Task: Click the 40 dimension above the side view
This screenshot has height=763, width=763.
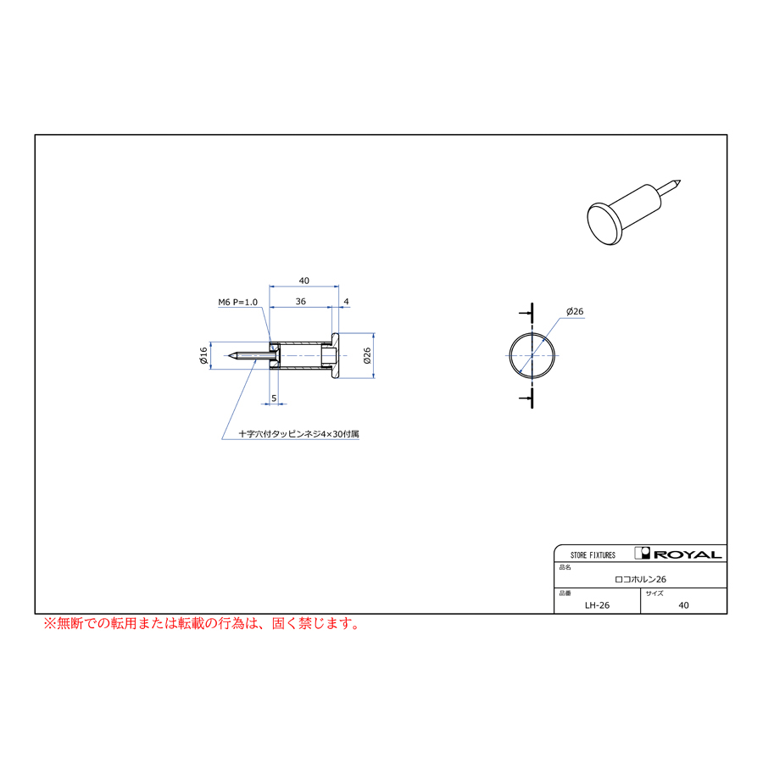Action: tap(304, 281)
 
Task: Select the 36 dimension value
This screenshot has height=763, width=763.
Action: tap(301, 302)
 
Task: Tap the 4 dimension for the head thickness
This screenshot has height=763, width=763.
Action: tap(346, 302)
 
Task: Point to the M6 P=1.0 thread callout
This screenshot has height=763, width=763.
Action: tap(237, 302)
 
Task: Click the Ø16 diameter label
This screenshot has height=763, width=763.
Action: tap(203, 356)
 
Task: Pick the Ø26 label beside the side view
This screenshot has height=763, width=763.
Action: tap(367, 356)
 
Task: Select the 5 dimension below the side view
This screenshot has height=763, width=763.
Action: tap(274, 398)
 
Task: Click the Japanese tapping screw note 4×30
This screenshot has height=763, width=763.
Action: tap(298, 433)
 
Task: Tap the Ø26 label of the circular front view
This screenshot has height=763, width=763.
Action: tap(575, 311)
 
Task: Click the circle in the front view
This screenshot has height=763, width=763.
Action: tap(510, 356)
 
